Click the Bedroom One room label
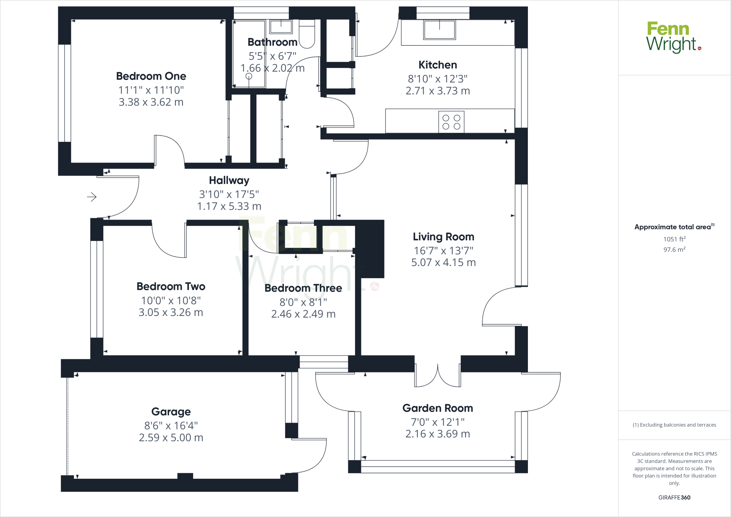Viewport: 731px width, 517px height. coord(151,76)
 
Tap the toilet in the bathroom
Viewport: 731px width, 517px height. coord(307,35)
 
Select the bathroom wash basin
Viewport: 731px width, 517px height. coord(281,26)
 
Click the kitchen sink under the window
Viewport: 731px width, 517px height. coord(439,29)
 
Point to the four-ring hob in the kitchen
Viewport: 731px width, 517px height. coord(451,122)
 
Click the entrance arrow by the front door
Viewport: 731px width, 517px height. coord(92,197)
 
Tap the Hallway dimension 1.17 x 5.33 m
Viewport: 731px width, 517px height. coord(229,206)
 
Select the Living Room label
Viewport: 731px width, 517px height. coord(443,237)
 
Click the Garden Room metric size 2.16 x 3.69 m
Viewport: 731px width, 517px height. coord(438,434)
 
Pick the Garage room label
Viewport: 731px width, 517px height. coord(171,412)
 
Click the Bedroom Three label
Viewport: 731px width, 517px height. coord(303,288)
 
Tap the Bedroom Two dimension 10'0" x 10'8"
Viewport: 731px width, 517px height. coord(171,301)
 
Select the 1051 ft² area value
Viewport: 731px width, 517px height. coord(674,239)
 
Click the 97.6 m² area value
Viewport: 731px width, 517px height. coord(674,250)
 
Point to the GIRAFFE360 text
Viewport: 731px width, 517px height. coord(674,497)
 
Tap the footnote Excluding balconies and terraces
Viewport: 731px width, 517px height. coord(674,425)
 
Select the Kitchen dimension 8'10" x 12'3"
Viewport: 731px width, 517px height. coord(438,79)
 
